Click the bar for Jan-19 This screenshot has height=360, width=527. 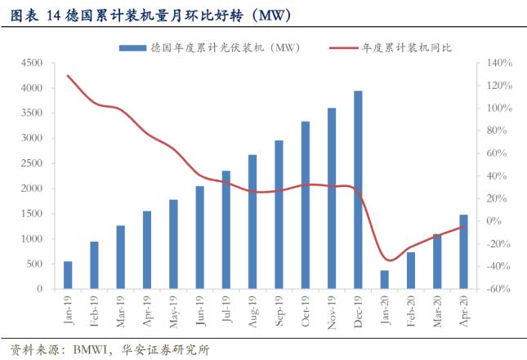68,275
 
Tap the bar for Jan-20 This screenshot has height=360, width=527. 384,279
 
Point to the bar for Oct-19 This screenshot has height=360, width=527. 306,205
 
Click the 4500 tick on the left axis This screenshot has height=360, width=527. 32,63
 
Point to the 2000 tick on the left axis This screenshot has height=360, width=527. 32,189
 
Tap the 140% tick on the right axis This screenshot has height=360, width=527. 499,63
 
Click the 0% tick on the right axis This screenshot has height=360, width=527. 494,221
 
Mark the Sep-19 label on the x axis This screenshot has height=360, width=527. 279,309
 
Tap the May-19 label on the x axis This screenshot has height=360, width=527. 172,309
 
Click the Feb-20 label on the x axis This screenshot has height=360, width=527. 411,309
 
